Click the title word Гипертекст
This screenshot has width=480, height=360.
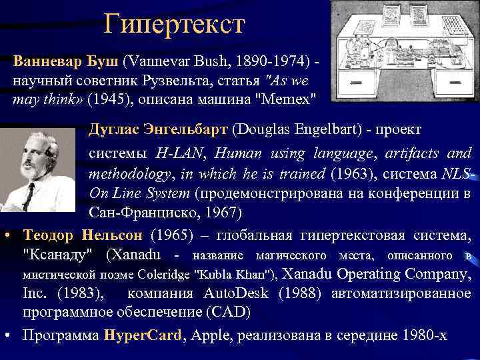(x=175, y=25)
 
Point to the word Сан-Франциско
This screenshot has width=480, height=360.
(x=131, y=213)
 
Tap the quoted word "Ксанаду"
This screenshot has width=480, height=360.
(x=62, y=255)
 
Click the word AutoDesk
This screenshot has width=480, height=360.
(x=227, y=293)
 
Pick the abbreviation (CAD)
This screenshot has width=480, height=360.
(x=230, y=313)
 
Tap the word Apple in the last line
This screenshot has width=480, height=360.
(x=208, y=336)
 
